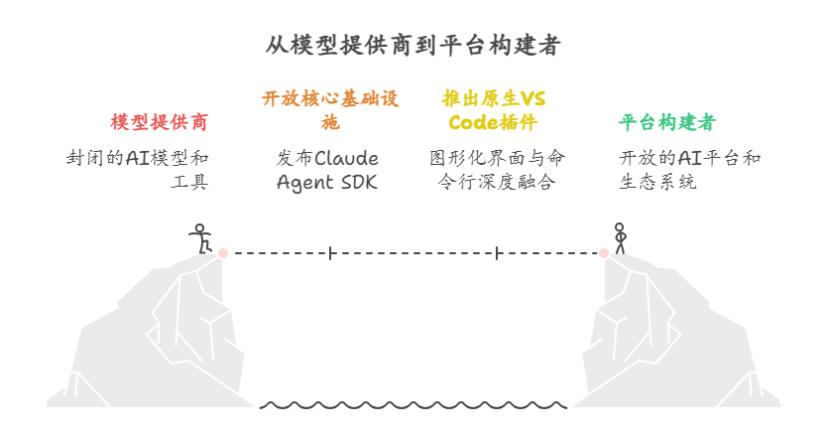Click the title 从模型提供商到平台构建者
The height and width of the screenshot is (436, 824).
(x=412, y=46)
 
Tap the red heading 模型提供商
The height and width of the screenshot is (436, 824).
(x=160, y=122)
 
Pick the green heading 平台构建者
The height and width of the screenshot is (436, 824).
(x=666, y=122)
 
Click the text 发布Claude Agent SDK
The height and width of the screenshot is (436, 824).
(x=327, y=170)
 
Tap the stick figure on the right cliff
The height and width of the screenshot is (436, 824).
(x=620, y=238)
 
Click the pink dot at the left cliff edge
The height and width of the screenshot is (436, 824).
(x=223, y=253)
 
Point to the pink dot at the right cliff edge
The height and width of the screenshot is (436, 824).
(x=604, y=253)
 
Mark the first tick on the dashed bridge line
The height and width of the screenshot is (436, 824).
(x=331, y=253)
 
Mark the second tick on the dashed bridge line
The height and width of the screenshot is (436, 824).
(x=497, y=253)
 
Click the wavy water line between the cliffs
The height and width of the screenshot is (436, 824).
(x=413, y=405)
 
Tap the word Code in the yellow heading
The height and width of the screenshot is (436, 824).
(x=471, y=123)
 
